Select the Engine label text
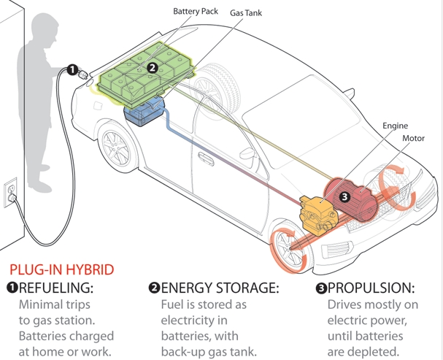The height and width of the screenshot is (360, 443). (x=395, y=126)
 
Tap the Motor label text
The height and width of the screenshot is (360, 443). (x=413, y=137)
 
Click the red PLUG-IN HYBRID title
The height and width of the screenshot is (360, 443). (x=61, y=269)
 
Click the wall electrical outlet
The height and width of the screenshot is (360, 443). (x=11, y=191)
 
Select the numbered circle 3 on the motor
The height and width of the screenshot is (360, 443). (x=344, y=196)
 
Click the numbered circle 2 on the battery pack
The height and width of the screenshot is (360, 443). (x=152, y=68)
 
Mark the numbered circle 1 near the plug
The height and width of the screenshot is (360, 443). (x=72, y=70)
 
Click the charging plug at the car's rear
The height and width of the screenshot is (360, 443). (x=88, y=76)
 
